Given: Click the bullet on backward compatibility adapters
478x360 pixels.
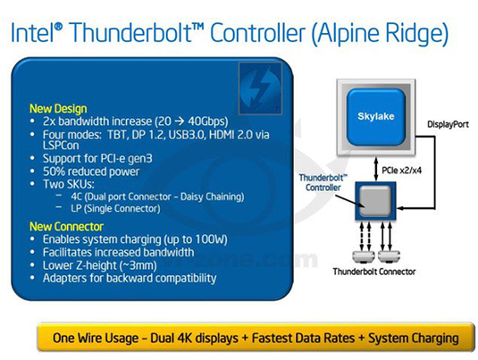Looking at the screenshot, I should [129, 278].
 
